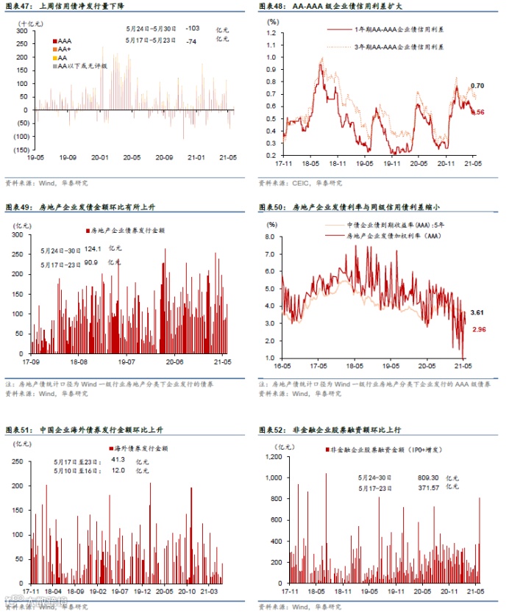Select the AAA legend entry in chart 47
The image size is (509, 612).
point(65,37)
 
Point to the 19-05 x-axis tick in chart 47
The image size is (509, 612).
point(35,157)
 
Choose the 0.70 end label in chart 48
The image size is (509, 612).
point(477,85)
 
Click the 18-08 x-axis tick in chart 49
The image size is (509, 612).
point(79,361)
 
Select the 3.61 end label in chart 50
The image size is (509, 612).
point(477,313)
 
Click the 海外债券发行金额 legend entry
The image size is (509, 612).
point(140,447)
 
